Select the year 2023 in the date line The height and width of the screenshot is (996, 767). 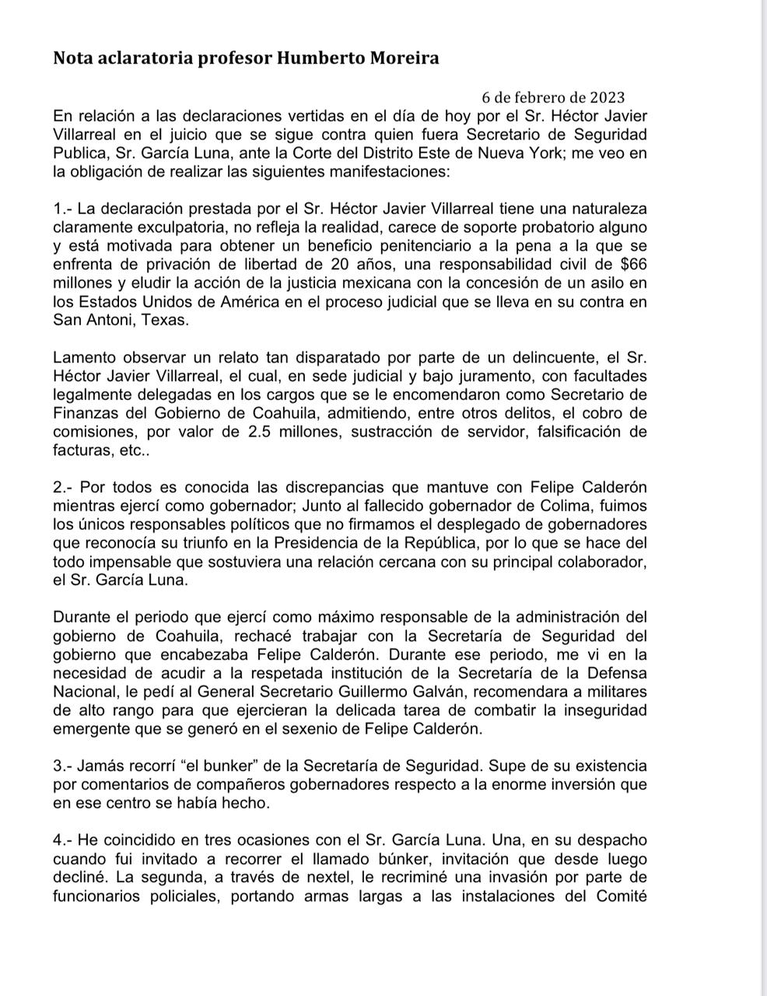coord(607,97)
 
